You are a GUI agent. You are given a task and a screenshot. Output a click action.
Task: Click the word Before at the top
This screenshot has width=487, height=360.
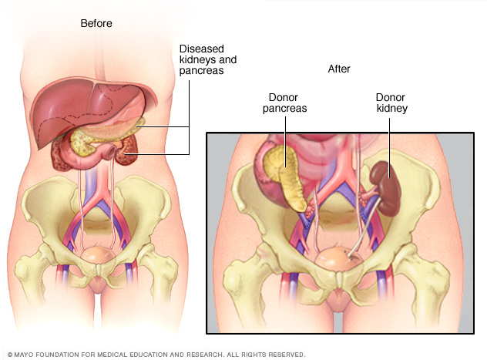coord(96,23)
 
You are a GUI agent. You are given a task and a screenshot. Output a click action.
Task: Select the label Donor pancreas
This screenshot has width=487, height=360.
coord(287,103)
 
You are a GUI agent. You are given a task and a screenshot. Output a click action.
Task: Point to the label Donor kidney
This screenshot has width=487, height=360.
coord(390,103)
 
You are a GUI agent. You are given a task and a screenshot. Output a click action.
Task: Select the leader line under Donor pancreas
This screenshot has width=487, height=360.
coord(284,139)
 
